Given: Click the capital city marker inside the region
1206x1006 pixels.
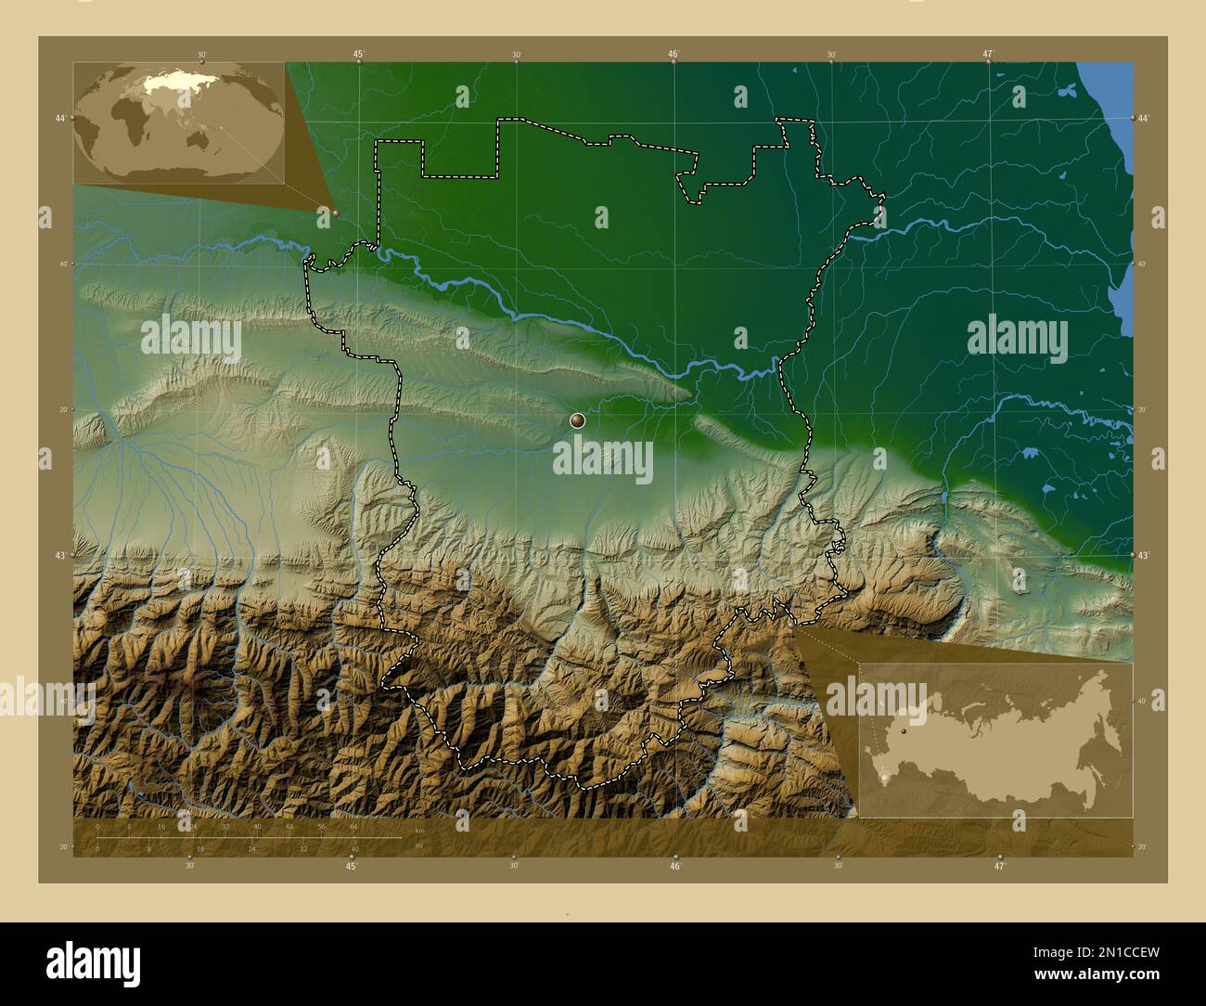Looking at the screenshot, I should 578,420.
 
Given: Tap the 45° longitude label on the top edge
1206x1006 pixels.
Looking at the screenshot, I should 358,54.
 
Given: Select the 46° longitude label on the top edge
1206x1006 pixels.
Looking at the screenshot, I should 674,54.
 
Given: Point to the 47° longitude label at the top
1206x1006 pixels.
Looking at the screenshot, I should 988,54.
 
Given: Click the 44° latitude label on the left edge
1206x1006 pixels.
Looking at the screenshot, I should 60,118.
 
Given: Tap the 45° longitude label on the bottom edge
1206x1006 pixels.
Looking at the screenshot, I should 351,866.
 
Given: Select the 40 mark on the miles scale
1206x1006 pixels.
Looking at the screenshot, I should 354,848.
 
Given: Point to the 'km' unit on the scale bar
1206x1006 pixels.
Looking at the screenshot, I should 419,831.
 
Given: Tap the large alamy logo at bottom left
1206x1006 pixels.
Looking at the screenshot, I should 93,961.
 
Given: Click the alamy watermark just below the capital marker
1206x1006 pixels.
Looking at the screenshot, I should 603,459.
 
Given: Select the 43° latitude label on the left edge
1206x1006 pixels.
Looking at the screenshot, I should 60,555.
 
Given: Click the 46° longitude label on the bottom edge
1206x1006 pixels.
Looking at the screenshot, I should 675,866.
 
